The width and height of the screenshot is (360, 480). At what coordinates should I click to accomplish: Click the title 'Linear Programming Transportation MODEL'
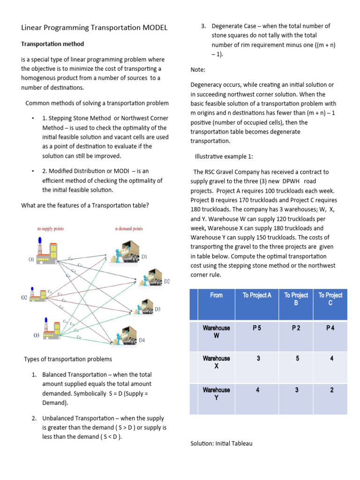[x=94, y=28]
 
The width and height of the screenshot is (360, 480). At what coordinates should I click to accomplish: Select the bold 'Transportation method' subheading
[x=52, y=44]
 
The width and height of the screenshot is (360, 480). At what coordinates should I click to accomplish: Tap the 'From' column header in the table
[x=217, y=295]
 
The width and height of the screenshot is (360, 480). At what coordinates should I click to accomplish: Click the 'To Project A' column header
[x=257, y=295]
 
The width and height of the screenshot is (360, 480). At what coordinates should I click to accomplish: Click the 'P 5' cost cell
[x=257, y=328]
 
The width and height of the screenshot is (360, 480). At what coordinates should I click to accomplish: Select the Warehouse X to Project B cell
[x=297, y=359]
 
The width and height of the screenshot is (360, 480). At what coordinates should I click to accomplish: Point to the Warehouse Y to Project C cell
[x=331, y=390]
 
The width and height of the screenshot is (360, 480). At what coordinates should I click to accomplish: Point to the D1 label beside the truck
[x=145, y=256]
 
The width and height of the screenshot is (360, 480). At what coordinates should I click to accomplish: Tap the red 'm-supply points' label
[x=51, y=229]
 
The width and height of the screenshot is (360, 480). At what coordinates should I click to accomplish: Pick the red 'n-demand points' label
[x=129, y=229]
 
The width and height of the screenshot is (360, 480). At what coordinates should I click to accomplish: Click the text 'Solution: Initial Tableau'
[x=221, y=443]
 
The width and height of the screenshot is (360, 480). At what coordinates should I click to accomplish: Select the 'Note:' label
[x=198, y=70]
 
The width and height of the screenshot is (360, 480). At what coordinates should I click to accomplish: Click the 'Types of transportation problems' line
[x=68, y=359]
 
